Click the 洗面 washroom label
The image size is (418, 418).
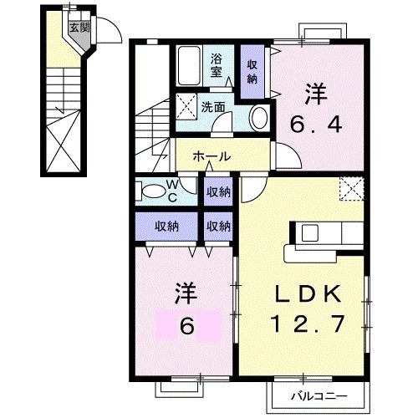point(213,107)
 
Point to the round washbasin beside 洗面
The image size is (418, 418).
point(258,116)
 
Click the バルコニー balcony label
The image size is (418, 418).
point(319,395)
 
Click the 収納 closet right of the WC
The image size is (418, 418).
point(219,191)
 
